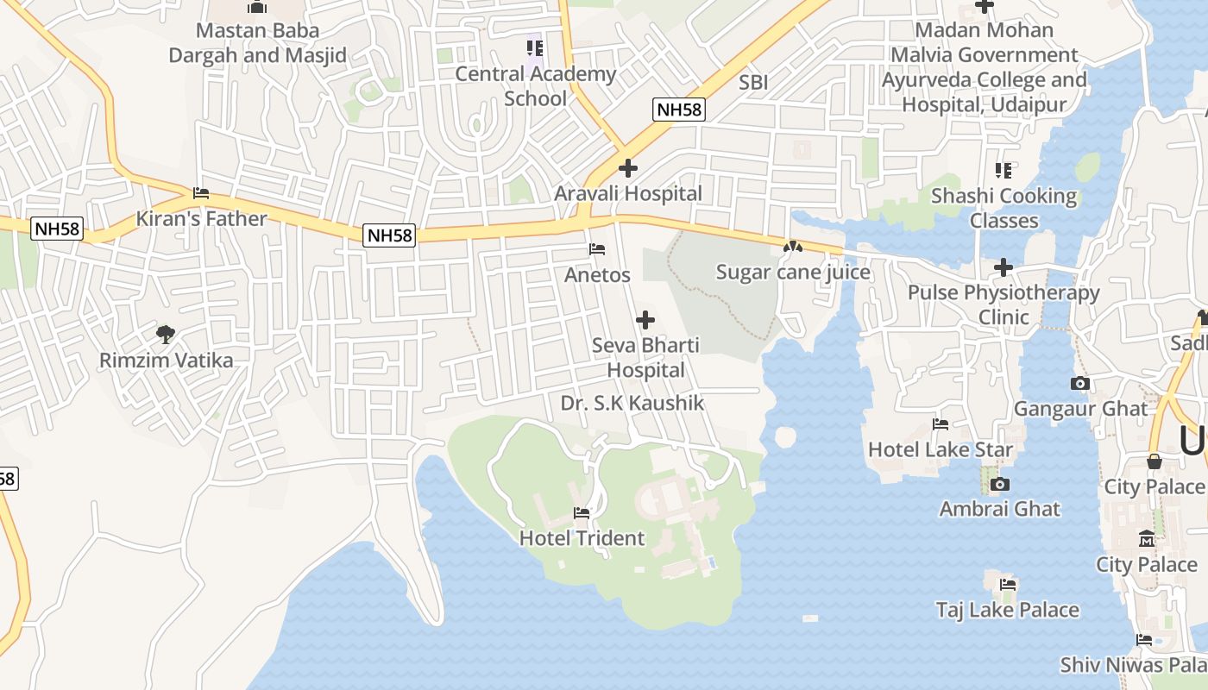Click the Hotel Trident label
click(x=582, y=538)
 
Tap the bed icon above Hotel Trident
click(x=582, y=513)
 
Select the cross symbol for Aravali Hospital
click(x=628, y=168)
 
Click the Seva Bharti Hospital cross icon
click(x=645, y=320)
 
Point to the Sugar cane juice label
click(x=793, y=273)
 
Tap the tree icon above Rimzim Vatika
click(x=166, y=334)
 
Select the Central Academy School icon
click(x=535, y=48)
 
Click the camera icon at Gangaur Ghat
click(x=1079, y=383)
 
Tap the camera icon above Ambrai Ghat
click(x=1000, y=484)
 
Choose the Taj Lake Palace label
click(x=1008, y=610)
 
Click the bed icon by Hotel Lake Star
click(x=941, y=424)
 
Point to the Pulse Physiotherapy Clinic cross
click(x=1003, y=267)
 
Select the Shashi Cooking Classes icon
click(x=1003, y=171)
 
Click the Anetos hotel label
click(x=597, y=275)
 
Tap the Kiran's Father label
click(x=201, y=218)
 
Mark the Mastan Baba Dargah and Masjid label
click(x=257, y=43)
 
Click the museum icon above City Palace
click(x=1147, y=540)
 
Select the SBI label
click(x=753, y=83)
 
